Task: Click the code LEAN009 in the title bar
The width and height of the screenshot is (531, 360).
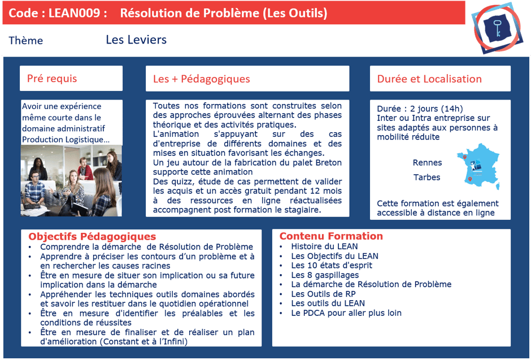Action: [76, 13]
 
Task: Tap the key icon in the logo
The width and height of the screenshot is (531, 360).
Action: [498, 28]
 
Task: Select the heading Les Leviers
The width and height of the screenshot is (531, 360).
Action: [136, 40]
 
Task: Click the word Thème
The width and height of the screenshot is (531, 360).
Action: [26, 41]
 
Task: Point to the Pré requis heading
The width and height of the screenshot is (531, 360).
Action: [52, 79]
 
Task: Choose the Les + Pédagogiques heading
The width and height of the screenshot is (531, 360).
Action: [201, 79]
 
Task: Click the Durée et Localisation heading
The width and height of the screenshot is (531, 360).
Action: [429, 79]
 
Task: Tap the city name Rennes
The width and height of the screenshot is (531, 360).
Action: [428, 163]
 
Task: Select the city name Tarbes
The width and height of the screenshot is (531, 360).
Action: [427, 177]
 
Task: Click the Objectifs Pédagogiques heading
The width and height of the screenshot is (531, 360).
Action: [92, 237]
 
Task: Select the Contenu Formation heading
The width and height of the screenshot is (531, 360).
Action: [331, 236]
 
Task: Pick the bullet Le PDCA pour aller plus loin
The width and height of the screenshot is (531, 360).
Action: [346, 313]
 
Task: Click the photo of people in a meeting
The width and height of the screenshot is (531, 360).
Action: [71, 181]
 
